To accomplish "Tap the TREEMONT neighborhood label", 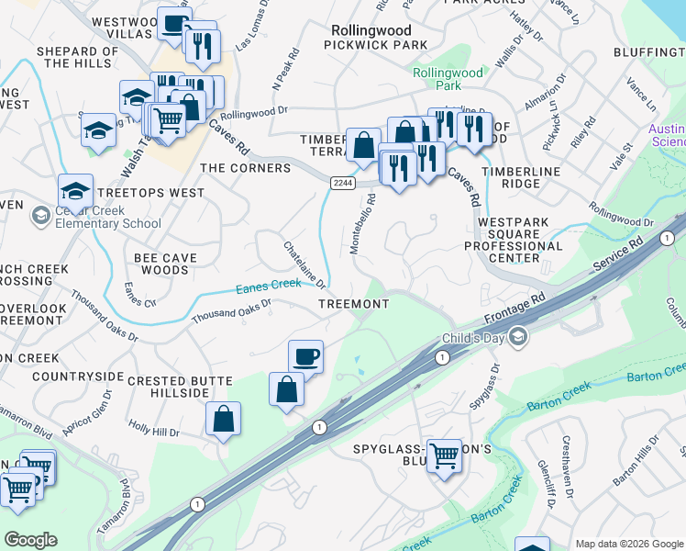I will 354,304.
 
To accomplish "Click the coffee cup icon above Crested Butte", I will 305,355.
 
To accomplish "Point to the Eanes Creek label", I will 269,286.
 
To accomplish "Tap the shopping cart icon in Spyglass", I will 445,454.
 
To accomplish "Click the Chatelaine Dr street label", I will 305,264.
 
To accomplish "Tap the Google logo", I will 30,540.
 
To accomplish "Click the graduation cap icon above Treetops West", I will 75,190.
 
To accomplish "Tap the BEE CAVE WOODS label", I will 165,264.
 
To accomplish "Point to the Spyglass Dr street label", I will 497,386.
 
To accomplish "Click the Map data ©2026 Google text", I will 628,544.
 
